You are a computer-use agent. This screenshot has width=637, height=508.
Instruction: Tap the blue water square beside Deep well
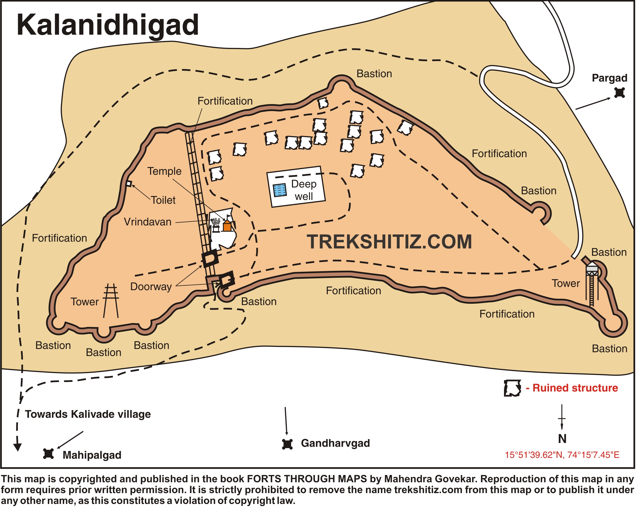coord(280,190)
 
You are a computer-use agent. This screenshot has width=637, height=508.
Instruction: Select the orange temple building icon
coord(227,226)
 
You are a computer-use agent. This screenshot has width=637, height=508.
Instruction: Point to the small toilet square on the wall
coord(129,184)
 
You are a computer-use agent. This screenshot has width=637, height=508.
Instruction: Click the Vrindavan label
coord(147,222)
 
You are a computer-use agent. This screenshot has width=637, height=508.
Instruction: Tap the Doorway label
coord(151,287)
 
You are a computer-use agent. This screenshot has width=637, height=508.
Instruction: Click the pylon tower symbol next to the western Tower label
coord(111,300)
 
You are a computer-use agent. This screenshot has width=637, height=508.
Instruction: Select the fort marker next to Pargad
coord(619,93)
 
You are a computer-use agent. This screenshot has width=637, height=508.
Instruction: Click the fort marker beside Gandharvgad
coord(287,444)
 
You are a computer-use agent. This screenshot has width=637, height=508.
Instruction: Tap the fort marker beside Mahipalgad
coord(48,454)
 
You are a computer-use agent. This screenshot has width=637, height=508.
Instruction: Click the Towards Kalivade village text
coord(88,414)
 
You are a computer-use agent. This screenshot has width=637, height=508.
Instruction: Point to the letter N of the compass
coord(562,439)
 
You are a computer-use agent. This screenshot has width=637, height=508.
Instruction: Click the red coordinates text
coord(562,455)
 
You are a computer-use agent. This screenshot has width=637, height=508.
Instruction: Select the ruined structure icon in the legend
coord(512,388)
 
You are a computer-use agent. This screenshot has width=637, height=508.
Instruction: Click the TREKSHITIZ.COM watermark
coord(389,242)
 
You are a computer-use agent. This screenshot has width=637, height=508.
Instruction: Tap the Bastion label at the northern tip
coord(374,74)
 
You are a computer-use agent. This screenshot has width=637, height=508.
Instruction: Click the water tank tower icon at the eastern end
coord(592,269)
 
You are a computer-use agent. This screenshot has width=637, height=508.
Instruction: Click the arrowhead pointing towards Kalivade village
coord(17,446)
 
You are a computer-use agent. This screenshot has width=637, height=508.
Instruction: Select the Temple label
coord(164,172)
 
